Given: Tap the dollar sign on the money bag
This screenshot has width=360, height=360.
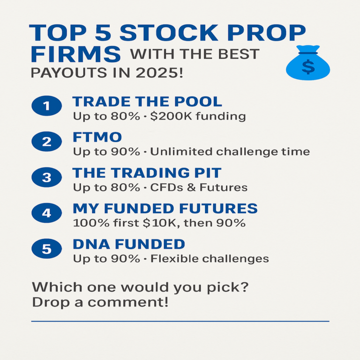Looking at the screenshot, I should click(x=308, y=67).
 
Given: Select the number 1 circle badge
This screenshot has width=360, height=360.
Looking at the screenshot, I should click(x=47, y=106).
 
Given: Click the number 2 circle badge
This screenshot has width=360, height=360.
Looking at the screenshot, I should click(x=47, y=142).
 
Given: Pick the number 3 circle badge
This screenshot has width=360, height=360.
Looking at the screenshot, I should click(x=47, y=177).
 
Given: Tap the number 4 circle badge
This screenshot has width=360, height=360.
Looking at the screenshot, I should click(x=47, y=213).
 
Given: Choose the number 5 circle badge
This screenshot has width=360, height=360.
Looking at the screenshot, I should click(x=47, y=249).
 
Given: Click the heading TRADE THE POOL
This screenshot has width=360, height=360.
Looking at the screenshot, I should click(x=147, y=102).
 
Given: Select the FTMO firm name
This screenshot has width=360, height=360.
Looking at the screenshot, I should click(x=97, y=137).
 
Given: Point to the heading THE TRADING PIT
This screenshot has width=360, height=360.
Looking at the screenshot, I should click(x=147, y=172).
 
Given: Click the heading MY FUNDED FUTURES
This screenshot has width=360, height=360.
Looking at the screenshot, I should click(x=165, y=209).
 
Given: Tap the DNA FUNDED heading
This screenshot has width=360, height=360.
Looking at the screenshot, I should click(x=129, y=244).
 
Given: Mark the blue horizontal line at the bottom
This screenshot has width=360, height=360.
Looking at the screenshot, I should click(x=180, y=322).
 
